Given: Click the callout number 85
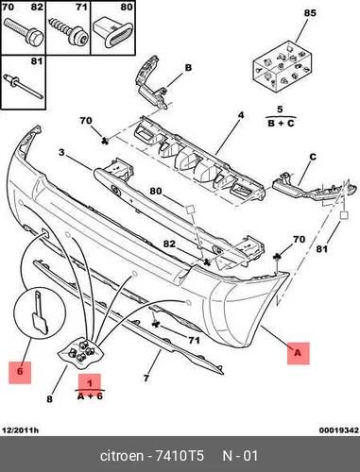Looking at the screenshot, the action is pyautogui.click(x=310, y=13).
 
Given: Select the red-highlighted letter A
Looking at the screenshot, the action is pyautogui.click(x=298, y=353).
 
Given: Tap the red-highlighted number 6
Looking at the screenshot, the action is pyautogui.click(x=20, y=371).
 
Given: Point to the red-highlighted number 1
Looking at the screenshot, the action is pyautogui.click(x=90, y=383).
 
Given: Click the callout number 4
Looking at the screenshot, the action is pyautogui.click(x=241, y=115).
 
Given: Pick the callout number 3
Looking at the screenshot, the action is pyautogui.click(x=61, y=153).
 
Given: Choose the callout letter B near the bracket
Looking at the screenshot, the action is pyautogui.click(x=188, y=68).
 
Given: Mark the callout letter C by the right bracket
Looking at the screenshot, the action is pyautogui.click(x=313, y=157).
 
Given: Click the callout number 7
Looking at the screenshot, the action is pyautogui.click(x=146, y=378).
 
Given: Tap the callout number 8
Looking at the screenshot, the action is pyautogui.click(x=49, y=399).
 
